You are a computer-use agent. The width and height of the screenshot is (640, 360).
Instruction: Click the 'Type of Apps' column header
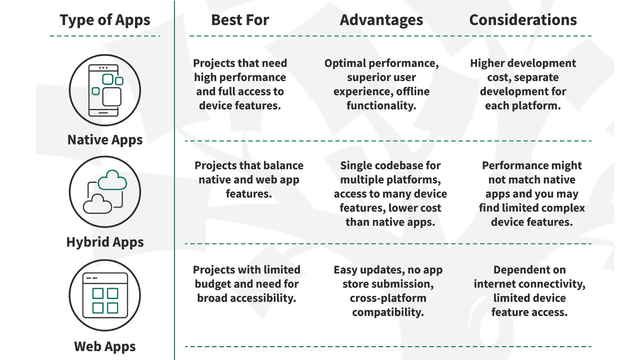(105, 20)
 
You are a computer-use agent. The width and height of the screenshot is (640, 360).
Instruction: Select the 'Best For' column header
(240, 20)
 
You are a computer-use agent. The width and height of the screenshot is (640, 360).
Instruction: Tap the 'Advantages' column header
(381, 20)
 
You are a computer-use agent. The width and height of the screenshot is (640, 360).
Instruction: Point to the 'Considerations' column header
(523, 20)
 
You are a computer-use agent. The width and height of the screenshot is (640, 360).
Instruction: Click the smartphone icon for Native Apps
(105, 90)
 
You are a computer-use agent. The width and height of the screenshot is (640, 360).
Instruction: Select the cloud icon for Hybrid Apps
(105, 192)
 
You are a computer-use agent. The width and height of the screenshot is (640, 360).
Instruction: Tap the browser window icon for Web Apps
(105, 295)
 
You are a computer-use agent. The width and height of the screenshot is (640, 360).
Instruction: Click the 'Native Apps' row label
(105, 140)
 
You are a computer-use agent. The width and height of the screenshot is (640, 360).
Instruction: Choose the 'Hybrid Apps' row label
(105, 242)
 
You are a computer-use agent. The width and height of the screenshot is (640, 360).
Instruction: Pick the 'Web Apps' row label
(105, 346)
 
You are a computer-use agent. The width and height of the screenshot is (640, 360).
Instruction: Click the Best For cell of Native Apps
(240, 84)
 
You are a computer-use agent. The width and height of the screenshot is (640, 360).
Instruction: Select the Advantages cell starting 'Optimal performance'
(381, 84)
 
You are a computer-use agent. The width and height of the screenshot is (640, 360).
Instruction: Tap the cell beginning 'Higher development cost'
(523, 84)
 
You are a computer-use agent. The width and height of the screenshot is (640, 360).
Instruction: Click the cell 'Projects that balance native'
(248, 179)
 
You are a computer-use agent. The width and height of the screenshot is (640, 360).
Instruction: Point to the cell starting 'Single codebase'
(390, 193)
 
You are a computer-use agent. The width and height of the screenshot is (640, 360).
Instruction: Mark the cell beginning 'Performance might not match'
(531, 193)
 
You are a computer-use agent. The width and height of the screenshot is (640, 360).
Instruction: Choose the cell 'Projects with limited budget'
(247, 283)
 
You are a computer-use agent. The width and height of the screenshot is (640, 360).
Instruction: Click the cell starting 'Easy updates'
(388, 291)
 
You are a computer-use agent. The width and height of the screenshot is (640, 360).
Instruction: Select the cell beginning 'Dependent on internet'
(529, 291)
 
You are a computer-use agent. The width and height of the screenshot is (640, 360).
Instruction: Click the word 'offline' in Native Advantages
(413, 91)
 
